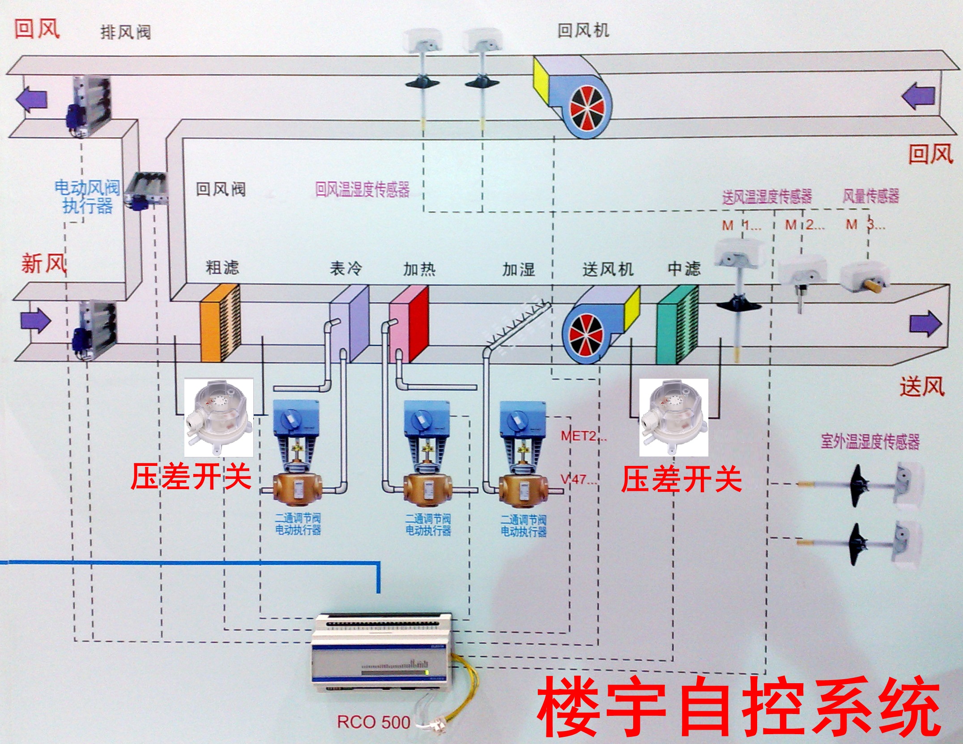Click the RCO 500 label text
[373, 722]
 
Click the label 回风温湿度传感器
[362, 189]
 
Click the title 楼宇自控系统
[738, 707]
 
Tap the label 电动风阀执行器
[87, 197]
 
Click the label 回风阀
[221, 189]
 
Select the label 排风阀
[125, 32]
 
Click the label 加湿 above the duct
[518, 269]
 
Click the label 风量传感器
[870, 195]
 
